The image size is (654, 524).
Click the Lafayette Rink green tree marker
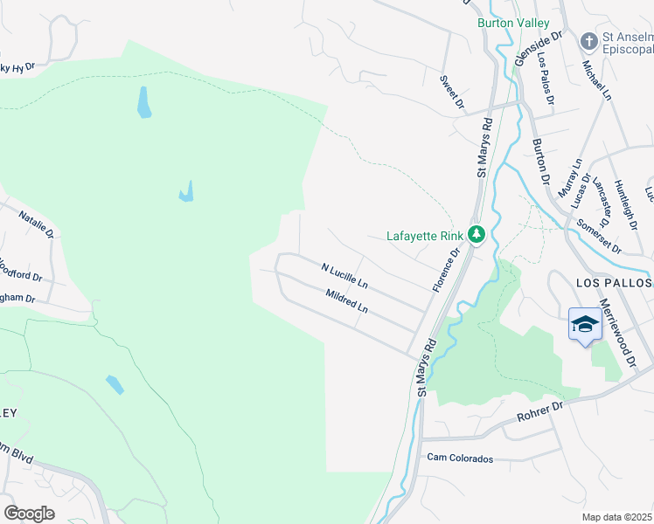tap(477, 235)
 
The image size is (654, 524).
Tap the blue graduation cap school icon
tap(585, 325)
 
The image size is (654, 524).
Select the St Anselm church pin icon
tap(588, 41)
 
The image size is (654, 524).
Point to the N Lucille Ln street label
tap(344, 276)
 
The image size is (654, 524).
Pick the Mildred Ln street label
tap(346, 302)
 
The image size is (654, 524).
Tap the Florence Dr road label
tap(446, 270)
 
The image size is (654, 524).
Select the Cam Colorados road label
tap(460, 458)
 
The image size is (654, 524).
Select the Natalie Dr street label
tap(37, 224)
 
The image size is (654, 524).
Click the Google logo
tap(29, 513)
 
